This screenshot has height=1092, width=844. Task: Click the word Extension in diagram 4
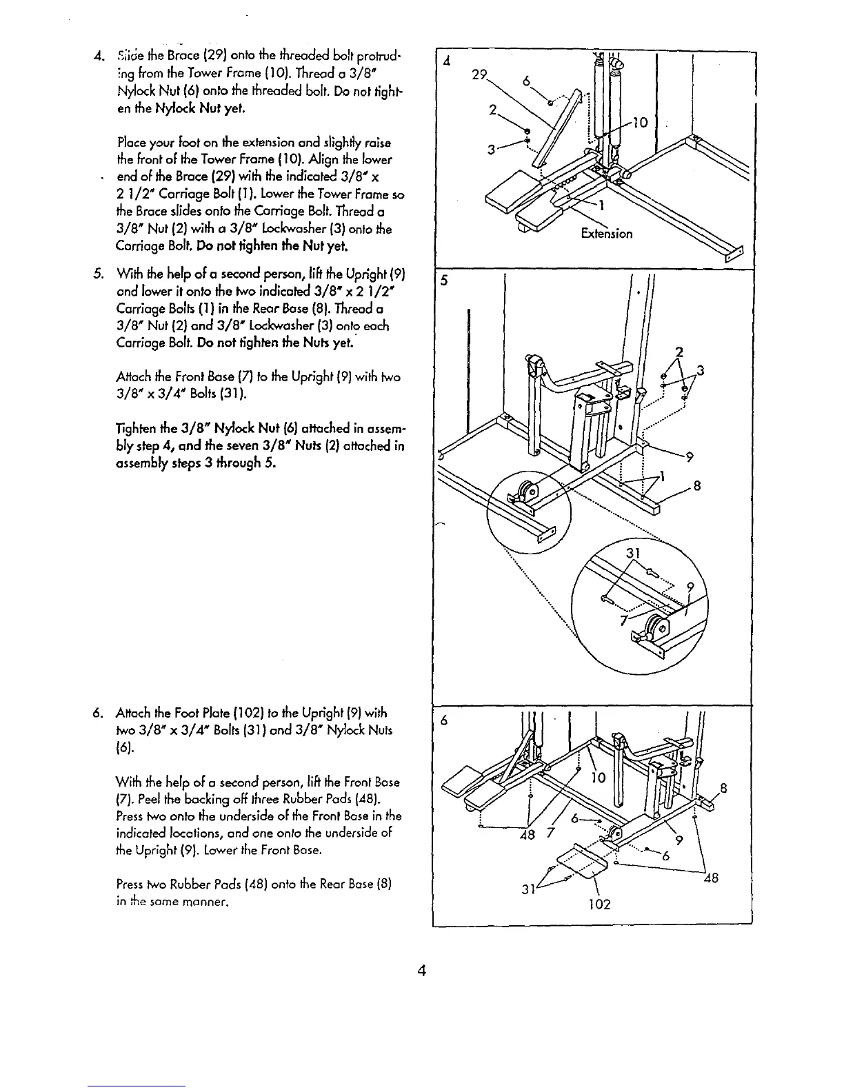[x=606, y=233]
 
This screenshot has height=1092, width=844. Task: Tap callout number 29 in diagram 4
[x=480, y=76]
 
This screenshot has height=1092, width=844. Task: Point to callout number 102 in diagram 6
[x=599, y=903]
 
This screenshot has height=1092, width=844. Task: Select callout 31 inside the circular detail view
[x=633, y=554]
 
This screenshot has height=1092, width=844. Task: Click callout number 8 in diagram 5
[x=697, y=485]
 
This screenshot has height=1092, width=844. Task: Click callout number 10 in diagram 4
[x=640, y=123]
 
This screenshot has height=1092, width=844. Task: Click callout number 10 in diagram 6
[x=598, y=778]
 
